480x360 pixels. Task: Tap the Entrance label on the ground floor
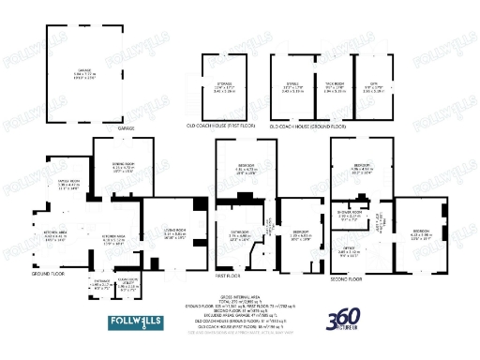(101, 281)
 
